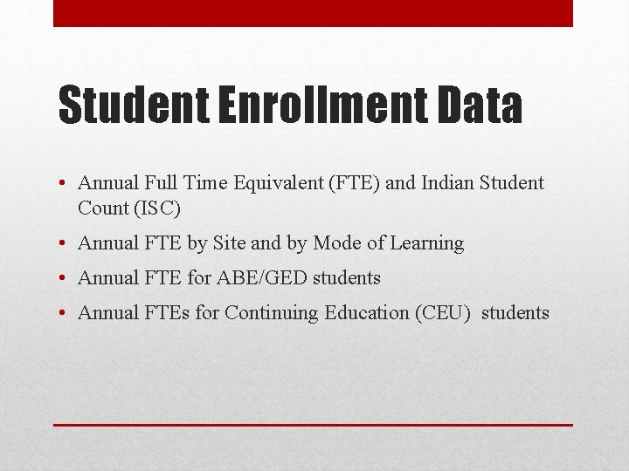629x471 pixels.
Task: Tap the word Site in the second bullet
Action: click(230, 243)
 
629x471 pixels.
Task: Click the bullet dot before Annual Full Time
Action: click(64, 184)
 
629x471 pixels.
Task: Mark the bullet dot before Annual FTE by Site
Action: click(64, 244)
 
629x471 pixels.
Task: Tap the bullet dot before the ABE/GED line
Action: click(64, 279)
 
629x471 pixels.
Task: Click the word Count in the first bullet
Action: click(103, 208)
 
